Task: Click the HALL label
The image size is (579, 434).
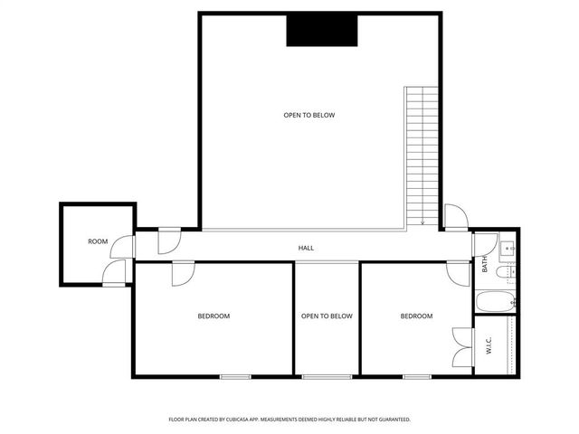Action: [x=307, y=248]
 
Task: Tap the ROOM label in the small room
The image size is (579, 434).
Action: [x=98, y=241]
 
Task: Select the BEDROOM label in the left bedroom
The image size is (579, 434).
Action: [x=214, y=316]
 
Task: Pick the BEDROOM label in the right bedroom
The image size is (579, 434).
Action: [x=416, y=316]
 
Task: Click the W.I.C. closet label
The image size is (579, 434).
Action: [x=488, y=346]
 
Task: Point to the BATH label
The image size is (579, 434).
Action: [x=485, y=265]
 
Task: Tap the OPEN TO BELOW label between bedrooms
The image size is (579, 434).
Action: [x=327, y=316]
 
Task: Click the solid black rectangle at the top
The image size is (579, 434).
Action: [x=322, y=31]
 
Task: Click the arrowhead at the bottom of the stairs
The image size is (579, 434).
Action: [x=422, y=222]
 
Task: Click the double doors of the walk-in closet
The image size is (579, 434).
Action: [x=463, y=346]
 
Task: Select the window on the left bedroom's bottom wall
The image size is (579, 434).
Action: [x=234, y=375]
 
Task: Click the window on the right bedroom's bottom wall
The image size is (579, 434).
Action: [x=416, y=375]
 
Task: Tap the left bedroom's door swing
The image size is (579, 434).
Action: [x=183, y=273]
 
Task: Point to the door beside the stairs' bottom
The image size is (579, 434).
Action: [x=454, y=218]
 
